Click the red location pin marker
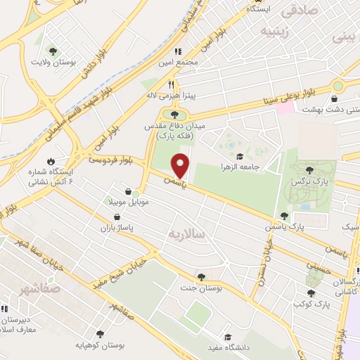tap(181, 165)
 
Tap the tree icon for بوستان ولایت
tap(53, 51)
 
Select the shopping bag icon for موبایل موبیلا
tap(127, 191)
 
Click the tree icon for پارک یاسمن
tap(284, 217)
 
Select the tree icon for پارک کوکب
tap(310, 292)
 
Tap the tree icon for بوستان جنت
tap(202, 276)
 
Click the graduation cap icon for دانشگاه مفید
tap(227, 337)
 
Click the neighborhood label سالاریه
tap(186, 233)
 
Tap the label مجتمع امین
tap(199, 62)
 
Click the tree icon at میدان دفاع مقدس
tap(174, 114)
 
